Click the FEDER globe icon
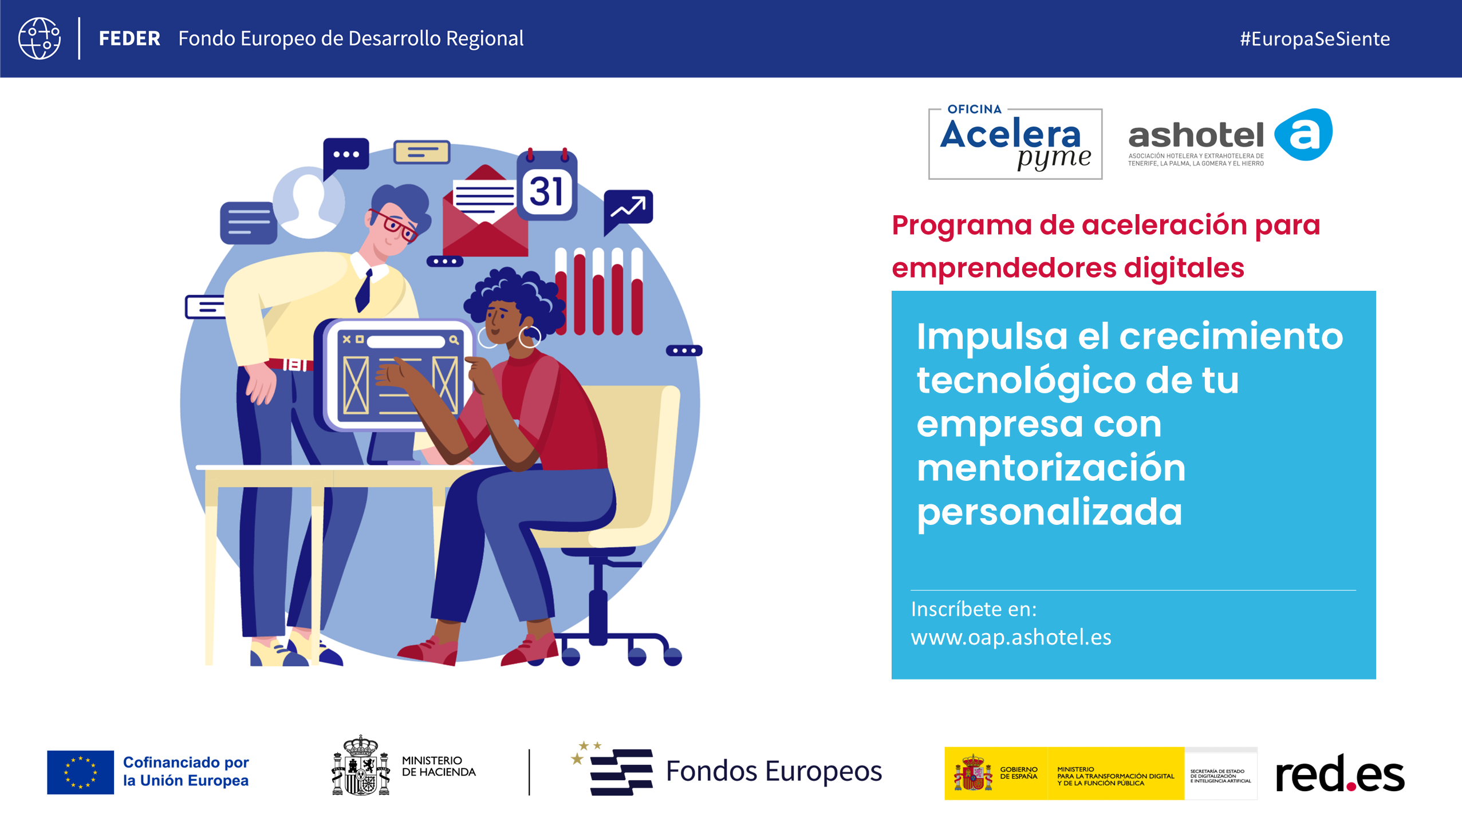(40, 38)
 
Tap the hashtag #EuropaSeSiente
(1315, 39)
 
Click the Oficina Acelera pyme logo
(1015, 141)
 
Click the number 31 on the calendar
(546, 191)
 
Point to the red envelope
(484, 212)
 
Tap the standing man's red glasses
(394, 224)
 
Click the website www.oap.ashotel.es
(1011, 638)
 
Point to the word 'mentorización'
(1051, 468)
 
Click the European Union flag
(80, 772)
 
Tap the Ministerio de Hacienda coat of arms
(361, 766)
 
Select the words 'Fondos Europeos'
(774, 771)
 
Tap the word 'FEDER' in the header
(129, 39)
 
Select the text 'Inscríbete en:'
(974, 610)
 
